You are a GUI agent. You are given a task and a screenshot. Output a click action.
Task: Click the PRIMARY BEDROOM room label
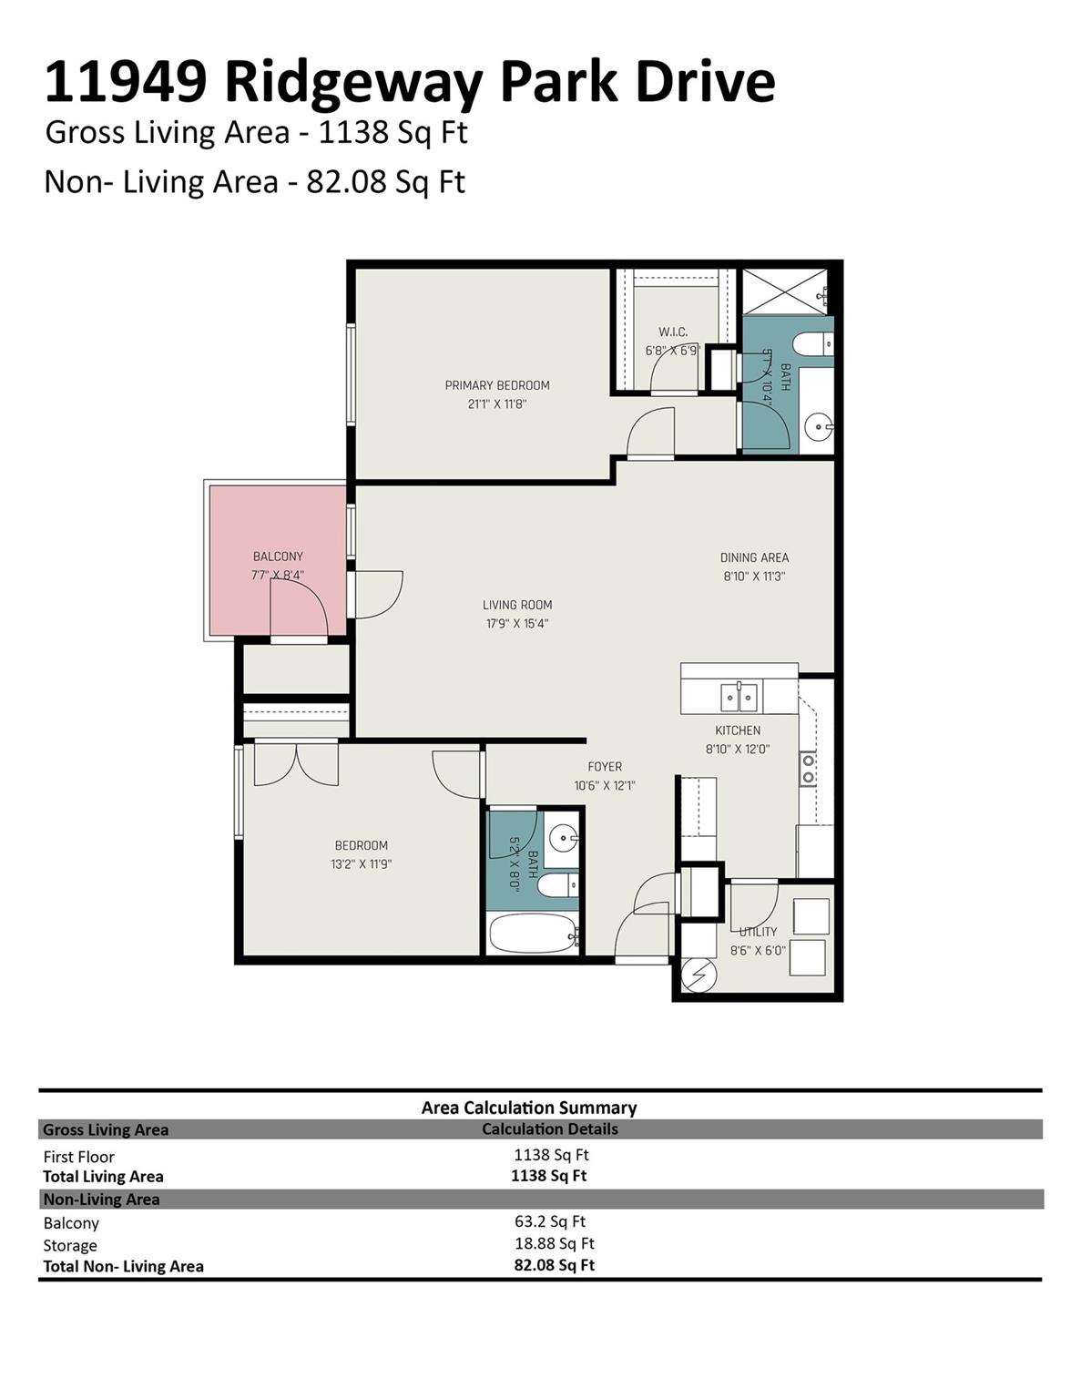pyautogui.click(x=496, y=385)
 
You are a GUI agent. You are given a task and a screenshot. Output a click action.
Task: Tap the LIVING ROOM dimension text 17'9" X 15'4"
pyautogui.click(x=516, y=624)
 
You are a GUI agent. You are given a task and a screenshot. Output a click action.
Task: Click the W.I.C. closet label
pyautogui.click(x=673, y=332)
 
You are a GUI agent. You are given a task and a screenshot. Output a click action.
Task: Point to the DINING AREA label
pyautogui.click(x=754, y=557)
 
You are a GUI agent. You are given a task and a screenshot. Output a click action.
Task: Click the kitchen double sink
pyautogui.click(x=739, y=698)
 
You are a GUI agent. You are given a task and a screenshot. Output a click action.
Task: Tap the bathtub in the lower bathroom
pyautogui.click(x=533, y=934)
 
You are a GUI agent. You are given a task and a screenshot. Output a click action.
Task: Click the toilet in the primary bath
pyautogui.click(x=812, y=344)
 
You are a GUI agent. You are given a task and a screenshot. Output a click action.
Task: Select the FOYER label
pyautogui.click(x=605, y=767)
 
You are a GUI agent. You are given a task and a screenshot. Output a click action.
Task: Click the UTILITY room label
pyautogui.click(x=758, y=932)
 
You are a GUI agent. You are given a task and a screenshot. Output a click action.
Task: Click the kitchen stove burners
pyautogui.click(x=808, y=768)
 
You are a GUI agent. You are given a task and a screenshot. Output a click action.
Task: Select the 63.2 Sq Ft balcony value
pyautogui.click(x=549, y=1221)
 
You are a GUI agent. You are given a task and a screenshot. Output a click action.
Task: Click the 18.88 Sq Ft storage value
pyautogui.click(x=554, y=1243)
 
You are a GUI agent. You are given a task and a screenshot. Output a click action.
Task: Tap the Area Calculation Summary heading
pyautogui.click(x=528, y=1108)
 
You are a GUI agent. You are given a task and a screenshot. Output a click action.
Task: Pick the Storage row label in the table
pyautogui.click(x=70, y=1245)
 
